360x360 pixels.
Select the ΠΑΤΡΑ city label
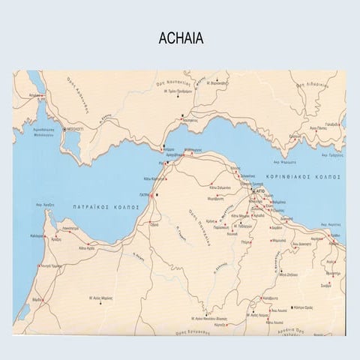click(143, 196)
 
